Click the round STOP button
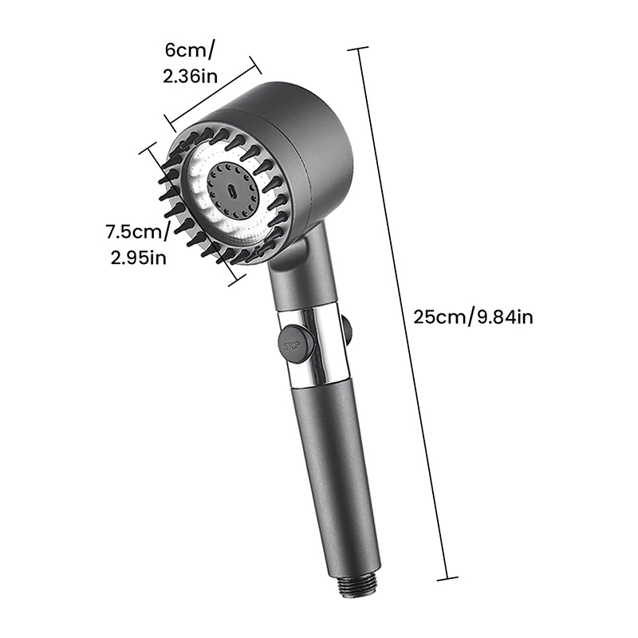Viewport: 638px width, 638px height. (x=296, y=344)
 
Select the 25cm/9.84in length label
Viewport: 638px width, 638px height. (x=473, y=316)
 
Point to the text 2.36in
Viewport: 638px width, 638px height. (x=190, y=76)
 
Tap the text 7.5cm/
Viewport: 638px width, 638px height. (x=138, y=232)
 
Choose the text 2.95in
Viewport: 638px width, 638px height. (x=138, y=258)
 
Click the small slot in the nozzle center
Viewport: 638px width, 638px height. (x=231, y=190)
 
